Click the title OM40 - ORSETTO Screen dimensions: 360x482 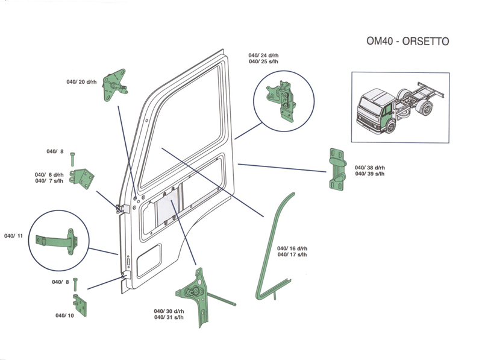(x=407, y=42)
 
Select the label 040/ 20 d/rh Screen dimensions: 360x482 (x=82, y=82)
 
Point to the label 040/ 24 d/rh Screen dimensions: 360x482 (x=263, y=55)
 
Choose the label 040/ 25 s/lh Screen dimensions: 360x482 (x=263, y=62)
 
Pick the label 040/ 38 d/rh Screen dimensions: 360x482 (x=369, y=168)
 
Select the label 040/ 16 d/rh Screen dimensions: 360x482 (x=292, y=248)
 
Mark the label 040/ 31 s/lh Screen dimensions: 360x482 (x=169, y=317)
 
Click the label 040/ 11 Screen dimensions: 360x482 (x=13, y=236)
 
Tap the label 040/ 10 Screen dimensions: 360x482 (x=64, y=315)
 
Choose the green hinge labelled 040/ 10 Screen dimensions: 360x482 (x=83, y=305)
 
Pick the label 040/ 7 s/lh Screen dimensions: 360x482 (x=49, y=181)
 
